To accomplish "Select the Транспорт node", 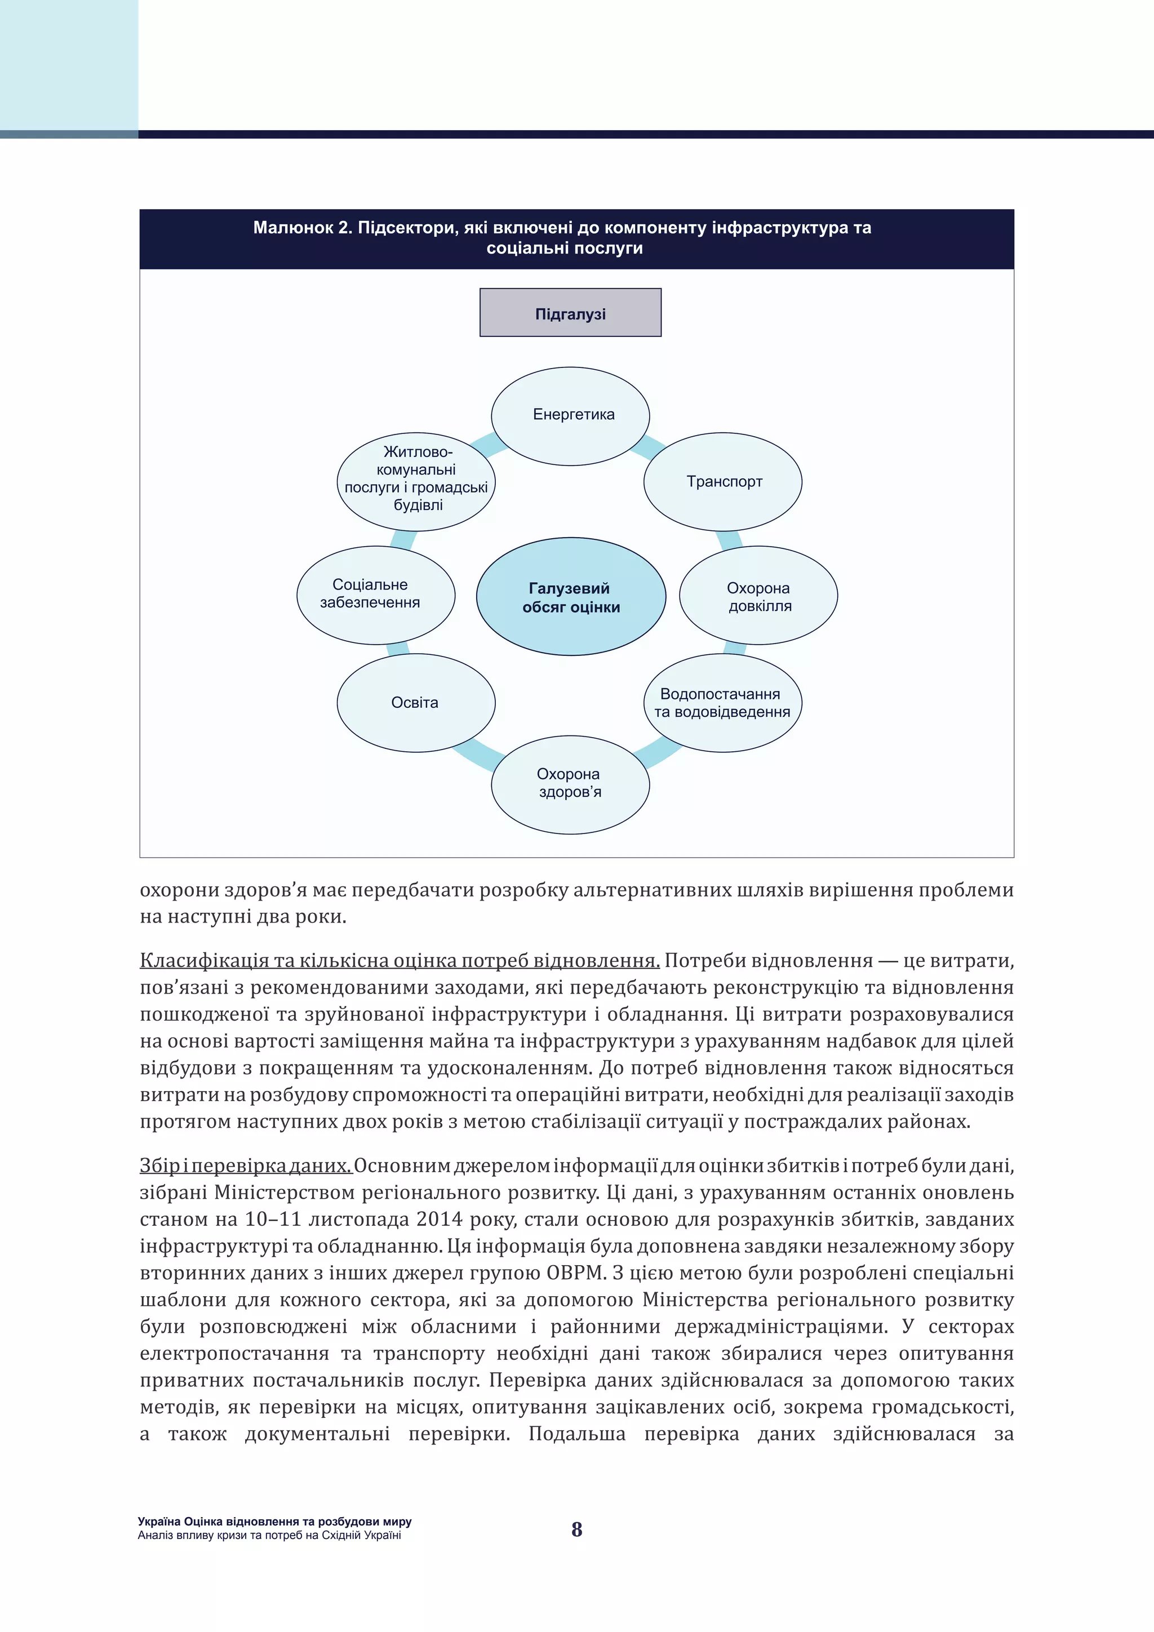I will [x=723, y=482].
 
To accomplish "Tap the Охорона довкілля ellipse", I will [x=758, y=596].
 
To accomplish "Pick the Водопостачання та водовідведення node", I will [x=722, y=703].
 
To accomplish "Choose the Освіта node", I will [x=416, y=703].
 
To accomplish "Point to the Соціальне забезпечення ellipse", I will [x=375, y=595].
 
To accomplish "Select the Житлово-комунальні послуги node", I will [x=416, y=481].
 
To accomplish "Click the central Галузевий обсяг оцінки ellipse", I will [x=571, y=597].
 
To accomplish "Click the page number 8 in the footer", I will [x=577, y=1529].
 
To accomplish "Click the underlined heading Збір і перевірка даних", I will [x=246, y=1166].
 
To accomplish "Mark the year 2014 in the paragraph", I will [x=440, y=1219].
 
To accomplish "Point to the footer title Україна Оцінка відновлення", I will [x=274, y=1522].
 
